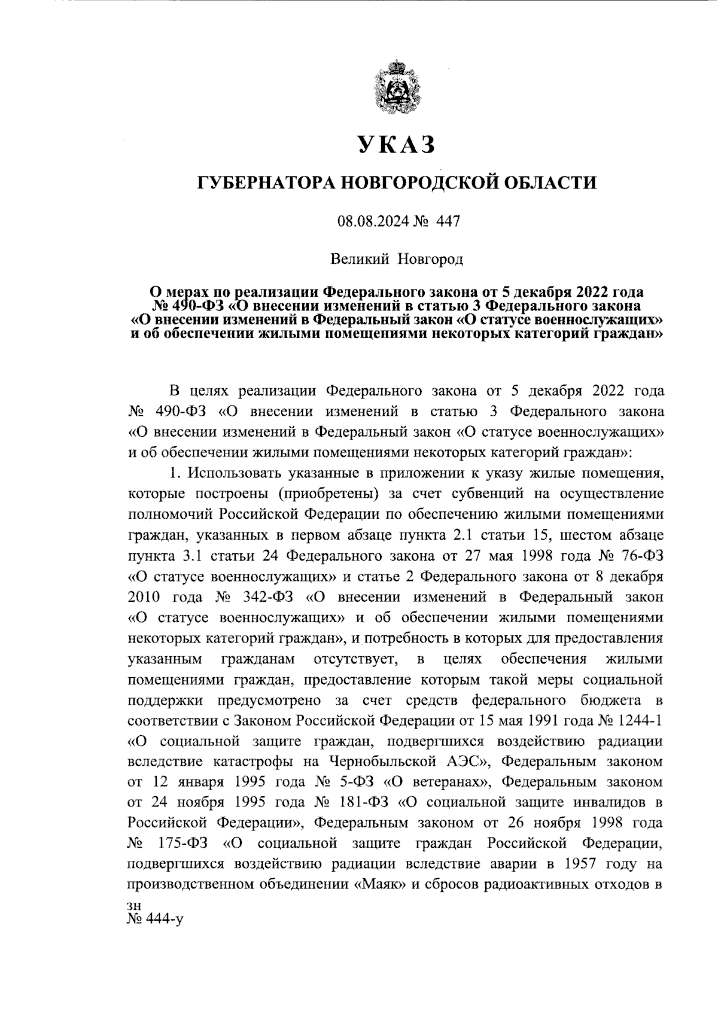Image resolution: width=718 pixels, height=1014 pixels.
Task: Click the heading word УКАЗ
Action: pyautogui.click(x=397, y=145)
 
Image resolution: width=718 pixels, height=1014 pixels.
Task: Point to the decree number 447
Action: pyautogui.click(x=449, y=221)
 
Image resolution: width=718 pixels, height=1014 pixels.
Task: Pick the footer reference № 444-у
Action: pyautogui.click(x=154, y=919)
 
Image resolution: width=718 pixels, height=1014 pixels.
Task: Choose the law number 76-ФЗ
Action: pyautogui.click(x=641, y=556)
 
